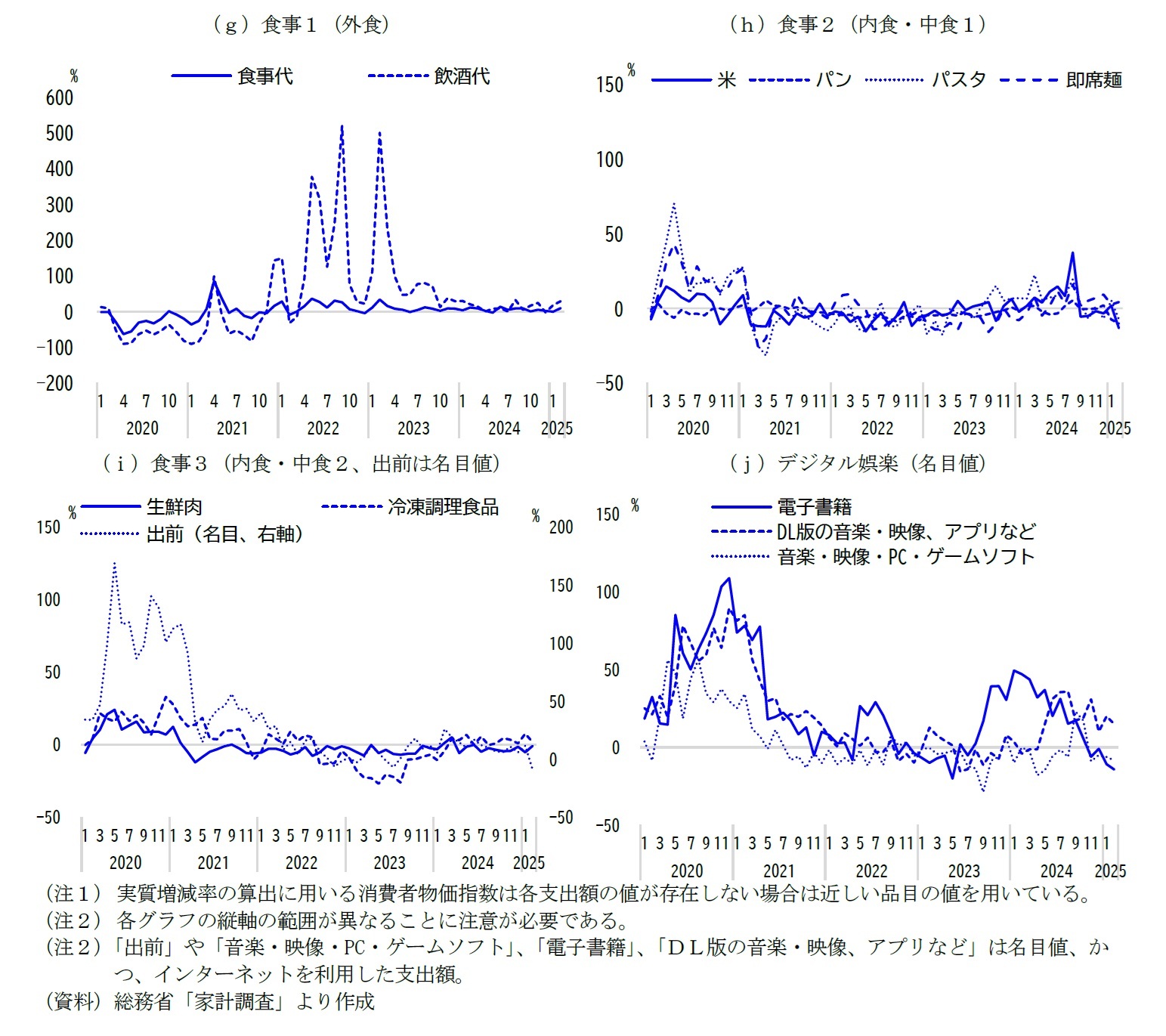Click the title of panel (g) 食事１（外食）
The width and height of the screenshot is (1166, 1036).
click(x=302, y=25)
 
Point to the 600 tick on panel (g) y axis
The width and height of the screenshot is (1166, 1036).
click(x=60, y=98)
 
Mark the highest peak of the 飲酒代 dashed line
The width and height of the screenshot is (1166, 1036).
click(x=342, y=127)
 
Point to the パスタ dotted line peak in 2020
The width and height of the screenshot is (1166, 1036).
click(x=673, y=204)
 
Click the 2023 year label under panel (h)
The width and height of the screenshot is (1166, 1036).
click(x=969, y=428)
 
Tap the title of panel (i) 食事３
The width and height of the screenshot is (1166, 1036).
click(x=302, y=463)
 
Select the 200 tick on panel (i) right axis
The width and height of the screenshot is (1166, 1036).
click(x=561, y=527)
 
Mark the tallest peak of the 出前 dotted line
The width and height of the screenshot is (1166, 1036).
click(x=114, y=563)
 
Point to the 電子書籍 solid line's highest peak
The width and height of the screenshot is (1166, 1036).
click(x=728, y=579)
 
